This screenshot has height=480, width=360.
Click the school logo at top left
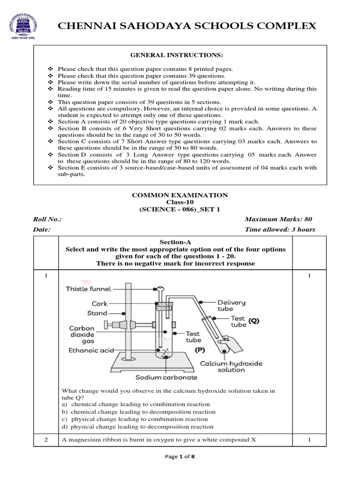coord(22,26)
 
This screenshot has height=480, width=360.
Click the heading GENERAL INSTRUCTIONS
coord(180,55)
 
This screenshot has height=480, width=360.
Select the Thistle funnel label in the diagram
coord(86,289)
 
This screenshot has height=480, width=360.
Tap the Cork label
coord(100,304)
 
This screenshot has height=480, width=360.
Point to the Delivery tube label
coord(231,306)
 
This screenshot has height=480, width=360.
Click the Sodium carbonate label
coord(160,377)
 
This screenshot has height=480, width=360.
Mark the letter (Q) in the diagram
coord(254,322)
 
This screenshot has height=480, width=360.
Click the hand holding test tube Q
coord(231,345)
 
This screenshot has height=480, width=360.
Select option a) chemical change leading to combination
coord(135,404)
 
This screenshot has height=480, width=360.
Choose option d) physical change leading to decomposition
coord(137,427)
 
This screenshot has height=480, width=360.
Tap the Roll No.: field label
coord(47,219)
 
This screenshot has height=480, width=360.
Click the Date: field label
coord(42,230)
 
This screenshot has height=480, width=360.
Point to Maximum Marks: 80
coord(278,219)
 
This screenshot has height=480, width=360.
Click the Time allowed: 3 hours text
coord(280,230)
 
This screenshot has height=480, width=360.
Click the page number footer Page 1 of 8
coord(180,457)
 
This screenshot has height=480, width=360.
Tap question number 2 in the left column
coord(46,439)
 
